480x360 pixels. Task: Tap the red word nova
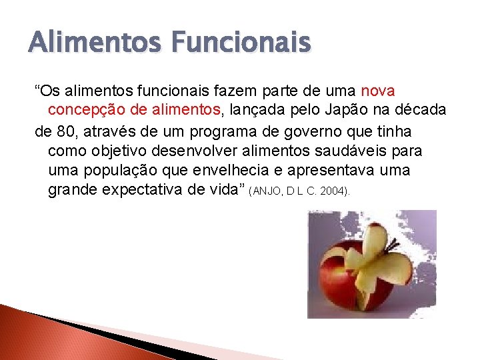click(x=378, y=89)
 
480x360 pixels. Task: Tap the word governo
click(x=311, y=130)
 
